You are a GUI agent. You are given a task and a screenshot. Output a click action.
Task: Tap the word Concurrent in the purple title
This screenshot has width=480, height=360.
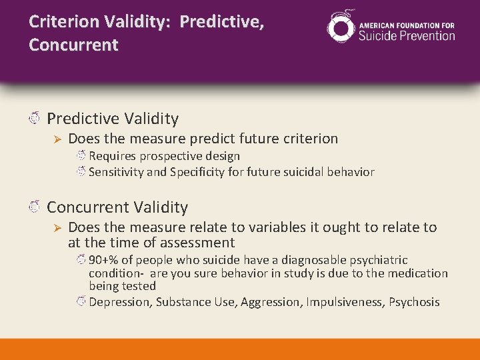[73, 45]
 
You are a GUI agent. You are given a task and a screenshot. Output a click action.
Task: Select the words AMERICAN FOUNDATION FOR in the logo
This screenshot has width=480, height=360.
[407, 25]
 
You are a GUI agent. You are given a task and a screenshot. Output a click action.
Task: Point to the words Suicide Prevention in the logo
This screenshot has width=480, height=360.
[407, 36]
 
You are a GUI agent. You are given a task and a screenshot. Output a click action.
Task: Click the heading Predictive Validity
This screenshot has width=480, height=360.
[113, 119]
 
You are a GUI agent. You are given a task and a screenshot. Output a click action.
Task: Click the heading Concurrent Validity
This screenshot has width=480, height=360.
[117, 207]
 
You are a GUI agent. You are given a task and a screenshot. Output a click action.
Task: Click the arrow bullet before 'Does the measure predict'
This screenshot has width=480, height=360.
[57, 139]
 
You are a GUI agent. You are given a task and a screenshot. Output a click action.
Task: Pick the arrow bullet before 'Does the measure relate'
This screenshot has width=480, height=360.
[57, 228]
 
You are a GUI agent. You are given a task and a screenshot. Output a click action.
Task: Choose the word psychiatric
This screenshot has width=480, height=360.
[379, 260]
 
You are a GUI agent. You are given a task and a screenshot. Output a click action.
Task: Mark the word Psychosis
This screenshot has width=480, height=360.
[415, 302]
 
